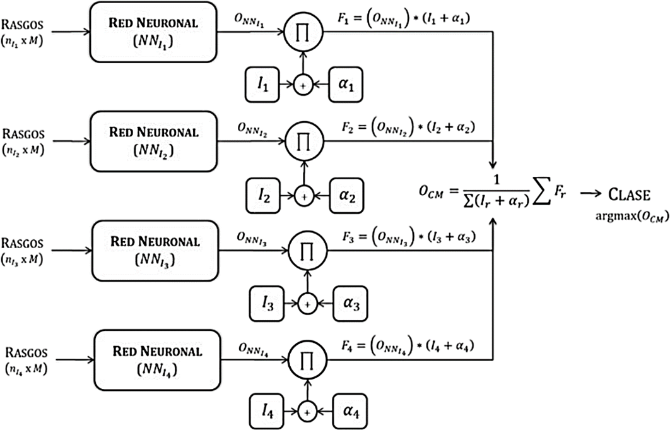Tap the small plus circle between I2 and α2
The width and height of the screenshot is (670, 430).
click(x=304, y=196)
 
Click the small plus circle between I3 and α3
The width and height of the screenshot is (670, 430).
click(x=307, y=304)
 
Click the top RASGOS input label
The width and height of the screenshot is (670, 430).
click(x=23, y=25)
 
